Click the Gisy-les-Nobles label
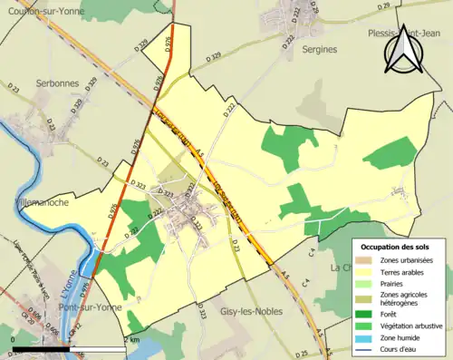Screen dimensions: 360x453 pyautogui.click(x=251, y=311)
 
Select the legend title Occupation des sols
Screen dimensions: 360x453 pyautogui.click(x=395, y=246)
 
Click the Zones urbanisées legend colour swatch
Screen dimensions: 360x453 pyautogui.click(x=365, y=260)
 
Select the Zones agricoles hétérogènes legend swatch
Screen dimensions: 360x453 pyautogui.click(x=365, y=298)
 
